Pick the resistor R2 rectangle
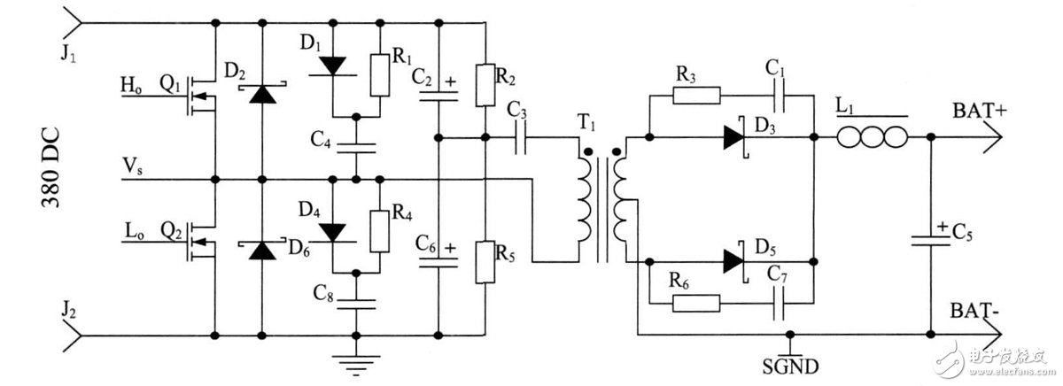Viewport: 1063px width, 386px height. (485, 82)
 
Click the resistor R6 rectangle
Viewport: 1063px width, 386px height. (696, 303)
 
